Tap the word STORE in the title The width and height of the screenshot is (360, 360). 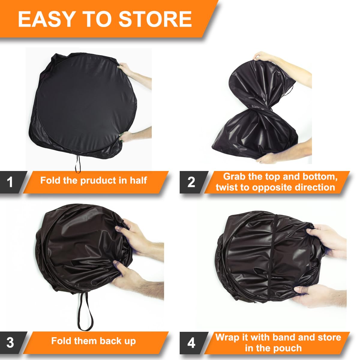155,19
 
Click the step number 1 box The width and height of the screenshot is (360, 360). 10,182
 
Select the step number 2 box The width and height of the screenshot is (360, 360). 191,182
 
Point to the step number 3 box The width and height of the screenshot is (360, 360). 10,342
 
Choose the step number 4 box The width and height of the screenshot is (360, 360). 191,342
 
